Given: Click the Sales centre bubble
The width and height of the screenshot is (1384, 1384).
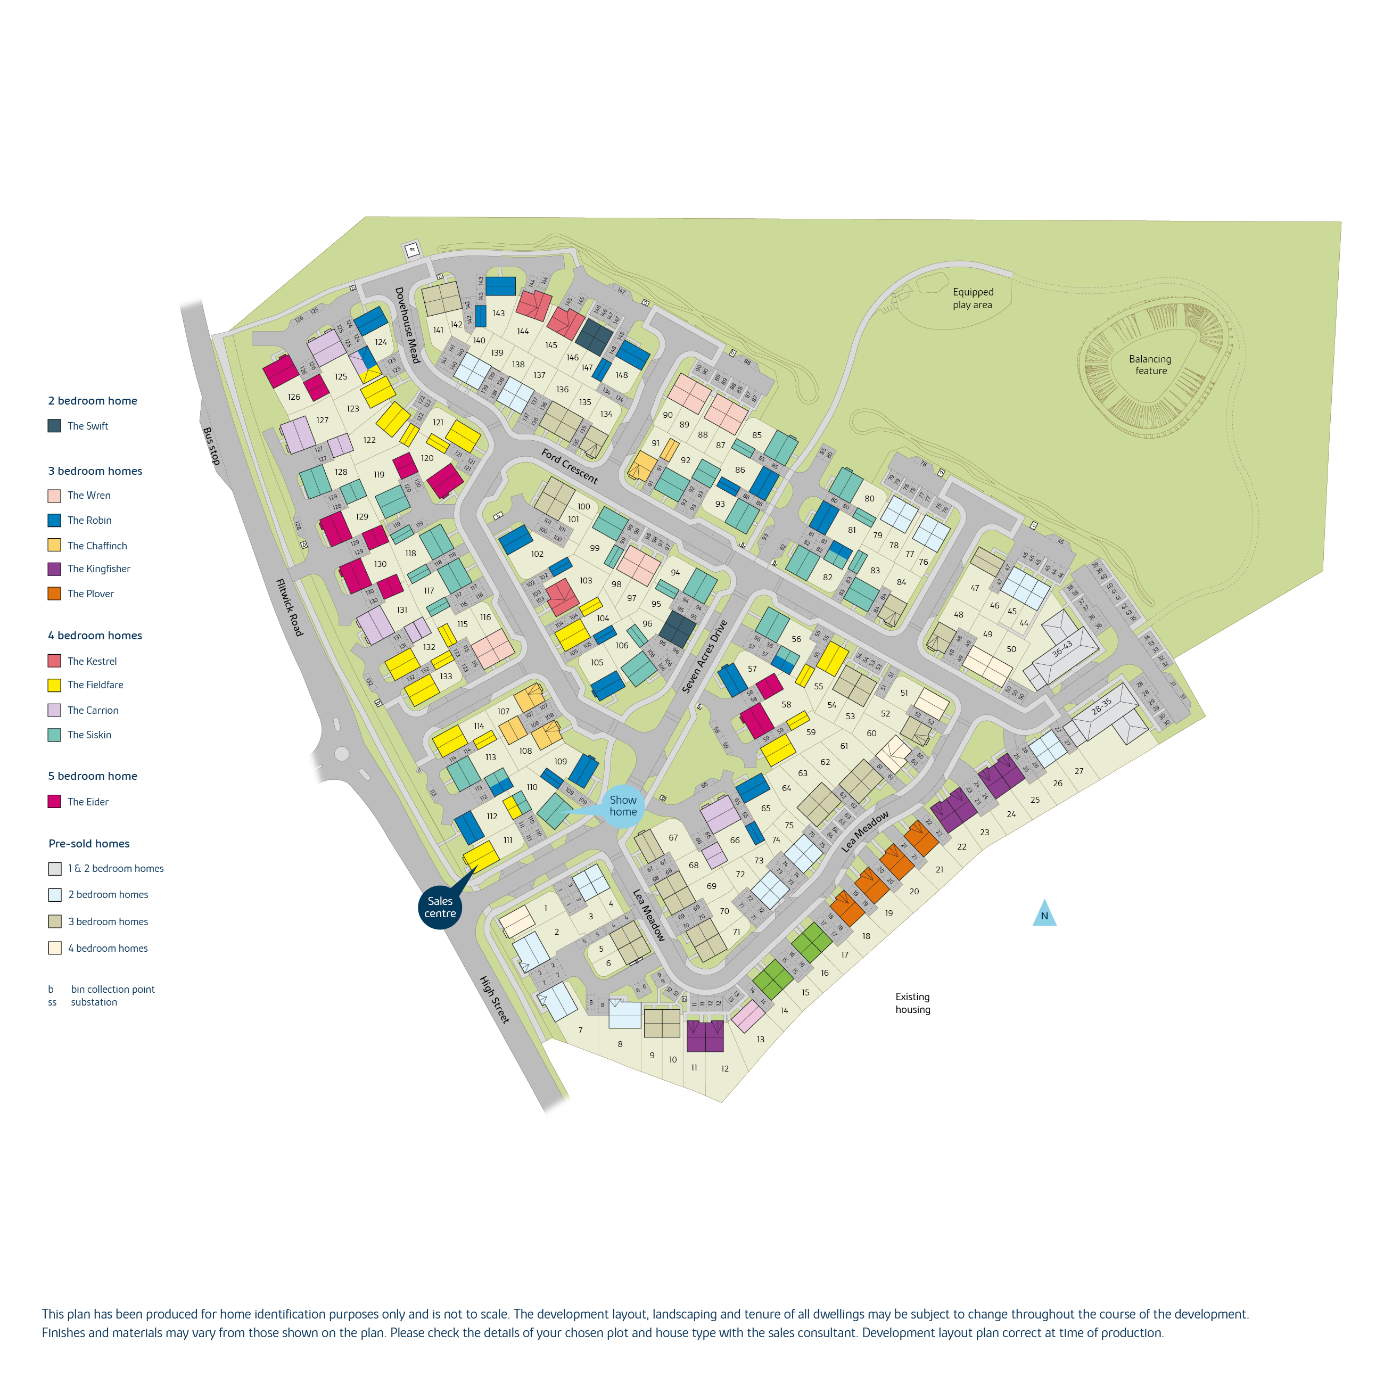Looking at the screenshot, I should tap(440, 907).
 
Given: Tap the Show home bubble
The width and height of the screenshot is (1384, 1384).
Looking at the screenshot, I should tap(622, 806).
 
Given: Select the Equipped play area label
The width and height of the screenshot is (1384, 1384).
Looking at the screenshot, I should tap(972, 298).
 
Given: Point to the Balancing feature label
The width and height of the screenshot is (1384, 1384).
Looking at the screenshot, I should tap(1150, 365).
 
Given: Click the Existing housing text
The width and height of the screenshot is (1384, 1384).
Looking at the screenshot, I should tap(912, 1003).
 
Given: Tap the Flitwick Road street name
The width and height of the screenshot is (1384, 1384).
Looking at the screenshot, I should tap(290, 607).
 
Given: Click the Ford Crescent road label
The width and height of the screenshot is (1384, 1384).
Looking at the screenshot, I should tap(569, 466).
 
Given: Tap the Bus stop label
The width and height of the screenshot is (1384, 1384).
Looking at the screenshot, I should tap(211, 446).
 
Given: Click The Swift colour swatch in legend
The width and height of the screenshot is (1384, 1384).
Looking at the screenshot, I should tap(54, 425).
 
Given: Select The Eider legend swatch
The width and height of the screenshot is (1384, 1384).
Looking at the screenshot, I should tap(54, 802).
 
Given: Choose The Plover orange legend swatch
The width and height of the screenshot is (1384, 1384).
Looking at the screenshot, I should tap(54, 593).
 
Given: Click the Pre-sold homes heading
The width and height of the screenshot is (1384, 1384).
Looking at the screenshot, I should tap(89, 843).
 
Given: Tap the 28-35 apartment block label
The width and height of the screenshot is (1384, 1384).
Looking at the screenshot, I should tap(1101, 706).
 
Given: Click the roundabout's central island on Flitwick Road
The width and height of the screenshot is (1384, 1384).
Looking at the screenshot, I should tap(342, 754).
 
